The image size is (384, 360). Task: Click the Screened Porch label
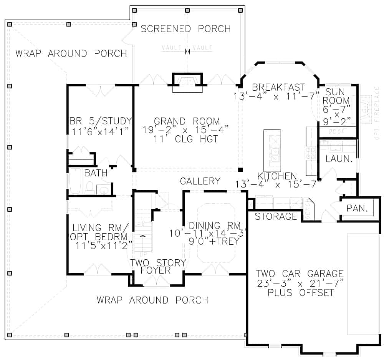click(185, 29)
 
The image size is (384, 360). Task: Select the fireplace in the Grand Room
click(187, 82)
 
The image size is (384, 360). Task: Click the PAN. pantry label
click(357, 209)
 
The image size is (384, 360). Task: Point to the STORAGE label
click(276, 216)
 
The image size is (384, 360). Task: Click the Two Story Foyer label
click(158, 266)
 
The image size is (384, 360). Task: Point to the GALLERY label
click(200, 181)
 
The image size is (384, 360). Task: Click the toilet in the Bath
click(90, 187)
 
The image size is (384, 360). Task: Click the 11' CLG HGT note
click(186, 139)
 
